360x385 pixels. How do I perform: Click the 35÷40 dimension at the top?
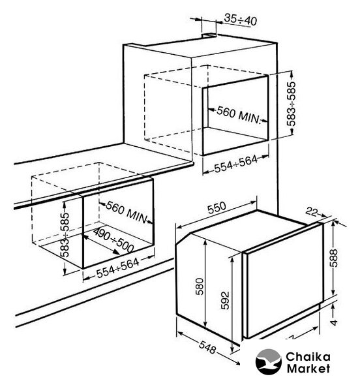click(241, 20)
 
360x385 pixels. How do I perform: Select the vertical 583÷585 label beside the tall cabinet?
click(292, 104)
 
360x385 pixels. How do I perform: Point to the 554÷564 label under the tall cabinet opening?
click(236, 164)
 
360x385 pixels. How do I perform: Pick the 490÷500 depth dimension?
click(113, 240)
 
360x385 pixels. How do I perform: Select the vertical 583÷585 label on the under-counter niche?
click(65, 234)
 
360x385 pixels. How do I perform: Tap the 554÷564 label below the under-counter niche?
click(118, 268)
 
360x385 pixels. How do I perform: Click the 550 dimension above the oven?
click(217, 208)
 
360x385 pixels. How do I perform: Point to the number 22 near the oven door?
click(312, 211)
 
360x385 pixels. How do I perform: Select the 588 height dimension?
click(334, 258)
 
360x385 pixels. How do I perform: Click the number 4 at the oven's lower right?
click(334, 322)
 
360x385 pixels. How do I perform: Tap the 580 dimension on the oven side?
click(200, 286)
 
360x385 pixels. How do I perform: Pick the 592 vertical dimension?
click(225, 300)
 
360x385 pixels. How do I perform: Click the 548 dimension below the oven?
click(207, 348)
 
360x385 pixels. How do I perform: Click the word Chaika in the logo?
click(308, 357)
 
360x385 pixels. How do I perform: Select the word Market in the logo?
click(308, 369)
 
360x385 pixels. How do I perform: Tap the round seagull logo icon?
click(268, 362)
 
